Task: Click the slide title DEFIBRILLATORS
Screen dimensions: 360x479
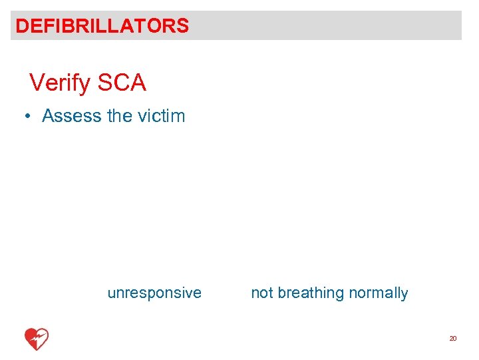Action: click(102, 26)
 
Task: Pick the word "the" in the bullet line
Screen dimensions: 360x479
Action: click(119, 116)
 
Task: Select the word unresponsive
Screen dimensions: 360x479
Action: click(154, 293)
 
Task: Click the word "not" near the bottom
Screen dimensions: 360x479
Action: click(261, 293)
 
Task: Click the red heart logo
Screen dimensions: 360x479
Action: click(37, 339)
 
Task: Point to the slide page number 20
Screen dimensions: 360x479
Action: click(453, 339)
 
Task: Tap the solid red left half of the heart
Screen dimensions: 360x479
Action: click(31, 338)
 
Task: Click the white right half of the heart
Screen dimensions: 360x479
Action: click(43, 337)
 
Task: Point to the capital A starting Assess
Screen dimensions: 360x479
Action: click(48, 116)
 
